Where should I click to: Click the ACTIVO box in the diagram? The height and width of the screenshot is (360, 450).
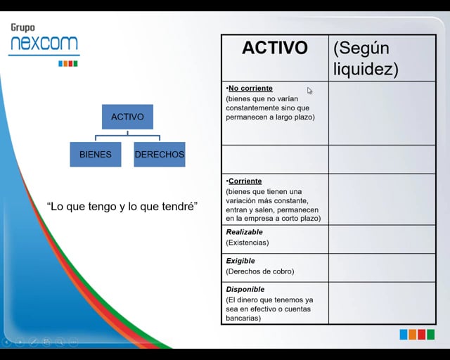pos(127,117)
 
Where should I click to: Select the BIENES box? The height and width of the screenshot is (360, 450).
pos(95,154)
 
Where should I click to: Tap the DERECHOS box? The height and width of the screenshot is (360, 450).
pos(160,154)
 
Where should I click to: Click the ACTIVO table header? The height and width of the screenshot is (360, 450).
pos(274,48)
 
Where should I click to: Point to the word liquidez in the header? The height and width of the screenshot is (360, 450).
pos(366,69)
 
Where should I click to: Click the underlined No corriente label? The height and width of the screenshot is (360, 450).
pos(250,89)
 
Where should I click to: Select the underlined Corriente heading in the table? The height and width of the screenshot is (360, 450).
pos(245,181)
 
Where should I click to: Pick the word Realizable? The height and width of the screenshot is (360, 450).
pos(244,232)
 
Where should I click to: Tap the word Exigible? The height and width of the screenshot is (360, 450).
pos(240,261)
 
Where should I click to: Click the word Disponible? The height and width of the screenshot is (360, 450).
pos(245,289)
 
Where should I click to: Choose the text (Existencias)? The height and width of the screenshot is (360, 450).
pos(247,243)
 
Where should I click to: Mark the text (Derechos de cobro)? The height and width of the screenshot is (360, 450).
pos(260,271)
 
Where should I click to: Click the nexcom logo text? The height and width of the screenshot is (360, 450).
pos(44,44)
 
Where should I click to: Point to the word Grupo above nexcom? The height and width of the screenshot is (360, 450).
pos(22,28)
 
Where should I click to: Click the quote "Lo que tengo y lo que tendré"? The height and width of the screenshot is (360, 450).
pos(122,206)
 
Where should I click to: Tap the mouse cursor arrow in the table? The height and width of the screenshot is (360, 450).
pos(309,90)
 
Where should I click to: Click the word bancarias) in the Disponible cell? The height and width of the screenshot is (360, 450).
pos(243,319)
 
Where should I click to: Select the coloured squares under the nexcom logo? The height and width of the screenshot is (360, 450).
pos(67,63)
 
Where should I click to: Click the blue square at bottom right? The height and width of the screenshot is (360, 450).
pos(404,335)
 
